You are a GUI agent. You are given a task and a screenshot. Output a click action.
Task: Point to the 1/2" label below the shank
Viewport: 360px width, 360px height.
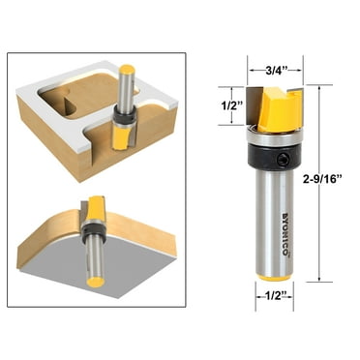click(271, 296)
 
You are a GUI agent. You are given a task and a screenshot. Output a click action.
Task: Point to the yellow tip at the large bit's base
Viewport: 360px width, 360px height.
click(271, 274)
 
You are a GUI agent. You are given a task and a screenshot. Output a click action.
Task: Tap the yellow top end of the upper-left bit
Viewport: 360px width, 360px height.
click(127, 69)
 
